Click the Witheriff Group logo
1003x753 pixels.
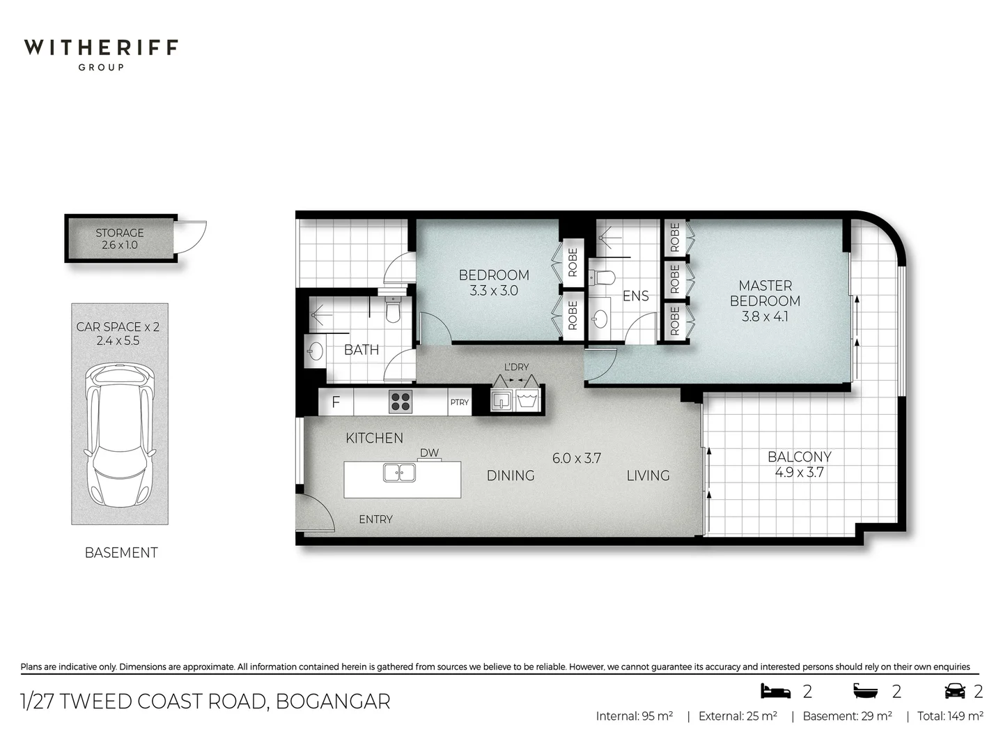(101, 54)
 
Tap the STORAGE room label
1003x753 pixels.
(120, 233)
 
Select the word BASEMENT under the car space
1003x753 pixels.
(121, 553)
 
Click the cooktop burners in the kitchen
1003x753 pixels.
(401, 402)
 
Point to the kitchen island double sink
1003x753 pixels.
(399, 473)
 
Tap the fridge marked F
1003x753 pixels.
(336, 402)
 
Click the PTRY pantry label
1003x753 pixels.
(460, 402)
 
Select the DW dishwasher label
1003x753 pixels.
(430, 452)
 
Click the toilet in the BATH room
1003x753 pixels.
(393, 310)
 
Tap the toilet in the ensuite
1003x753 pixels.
(602, 278)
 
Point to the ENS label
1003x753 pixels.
(635, 296)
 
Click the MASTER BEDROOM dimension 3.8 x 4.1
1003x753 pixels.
(765, 317)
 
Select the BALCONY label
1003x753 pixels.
(800, 457)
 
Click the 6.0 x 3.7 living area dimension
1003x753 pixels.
(577, 458)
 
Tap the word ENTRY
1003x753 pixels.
(376, 519)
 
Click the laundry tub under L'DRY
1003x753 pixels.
(526, 400)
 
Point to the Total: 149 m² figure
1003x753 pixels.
(950, 716)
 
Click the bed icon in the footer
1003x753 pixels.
(775, 691)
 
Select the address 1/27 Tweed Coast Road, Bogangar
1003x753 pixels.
(205, 701)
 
